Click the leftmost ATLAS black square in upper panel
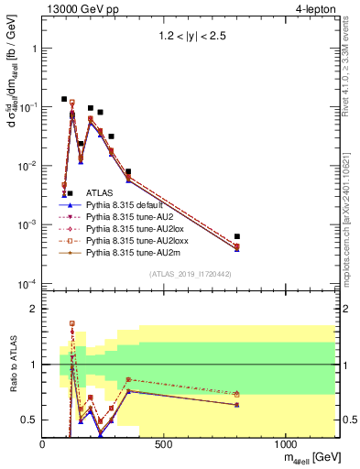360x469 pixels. (64, 99)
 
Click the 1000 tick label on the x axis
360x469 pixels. (285, 443)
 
